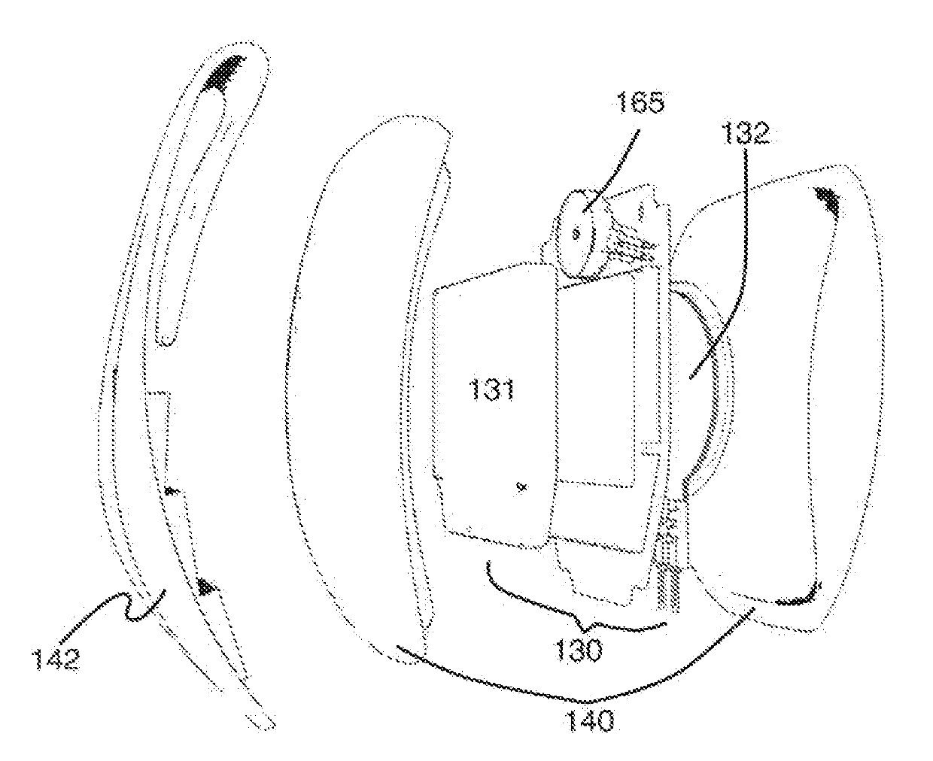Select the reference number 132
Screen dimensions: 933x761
[746, 133]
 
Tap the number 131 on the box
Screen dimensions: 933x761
[491, 390]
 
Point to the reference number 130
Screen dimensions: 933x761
[578, 650]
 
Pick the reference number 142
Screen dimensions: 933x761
[56, 659]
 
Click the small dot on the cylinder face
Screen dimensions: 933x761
[576, 233]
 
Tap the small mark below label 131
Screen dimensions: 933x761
[523, 487]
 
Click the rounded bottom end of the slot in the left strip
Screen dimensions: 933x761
[167, 341]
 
